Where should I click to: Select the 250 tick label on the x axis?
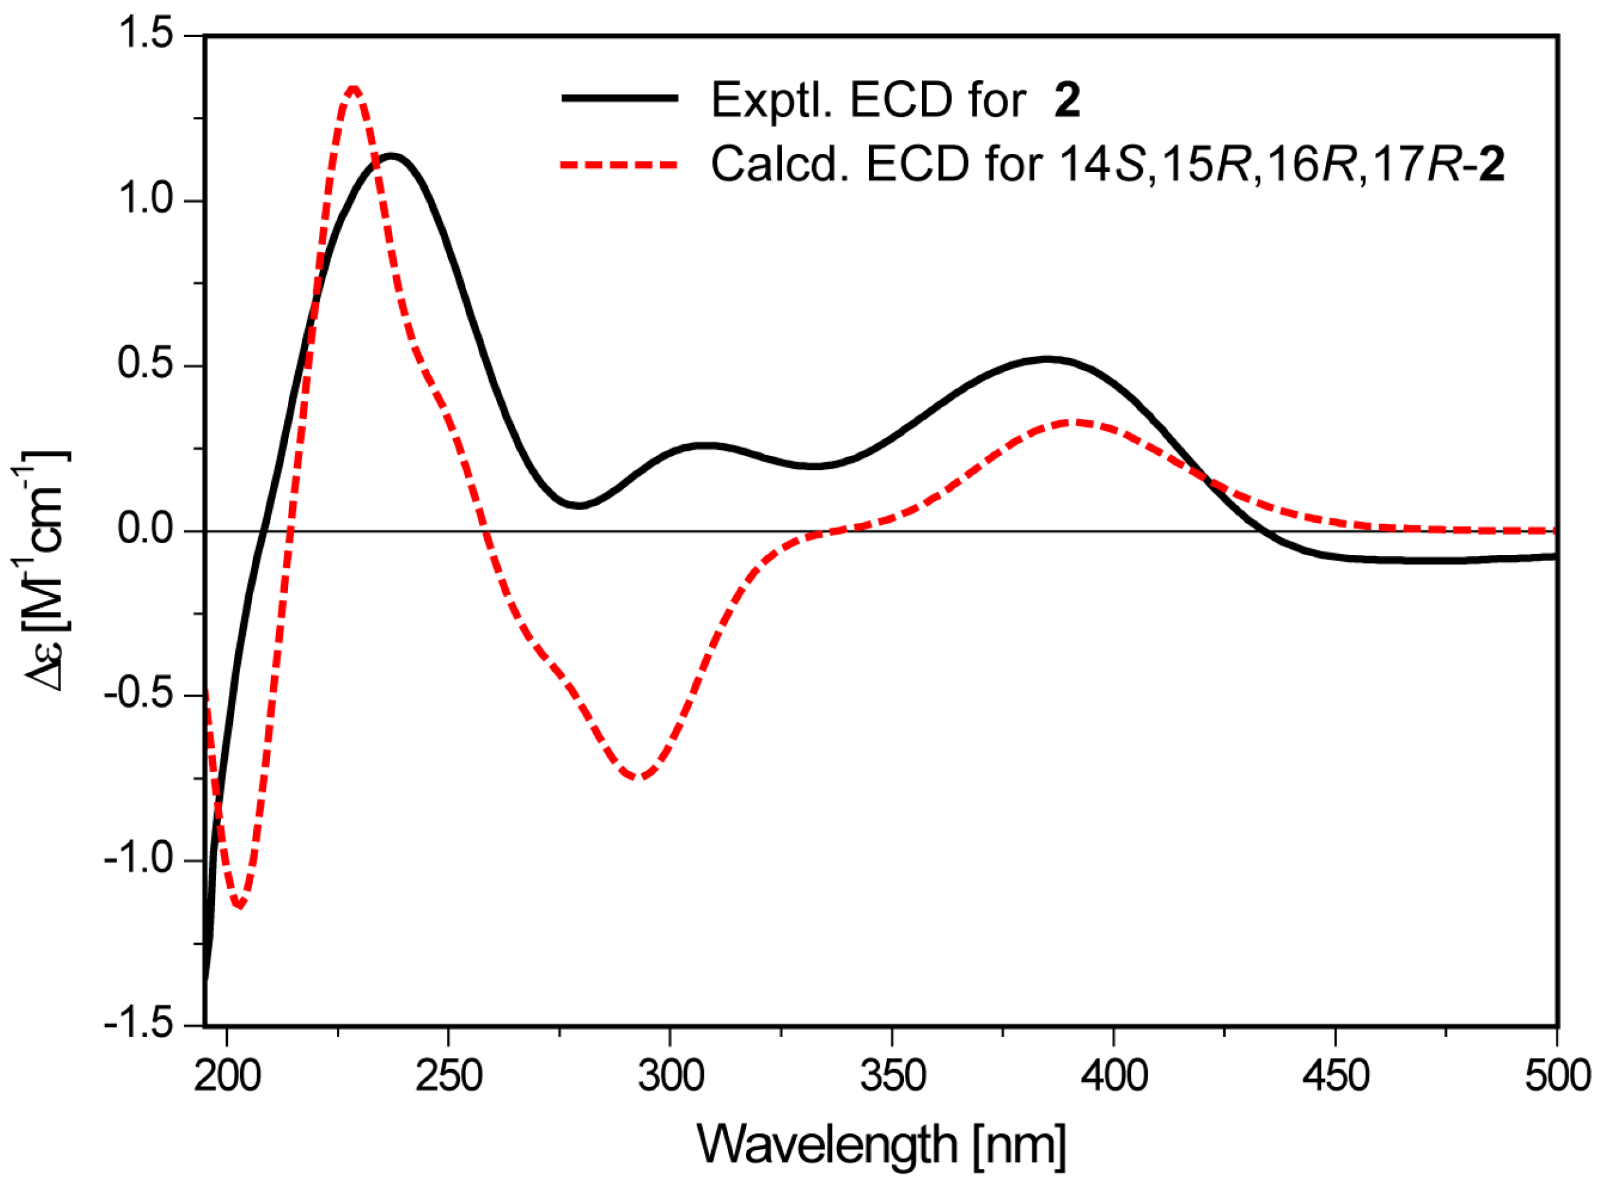(x=449, y=1076)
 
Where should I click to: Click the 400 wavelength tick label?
(x=1114, y=1076)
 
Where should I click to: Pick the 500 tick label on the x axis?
(x=1556, y=1076)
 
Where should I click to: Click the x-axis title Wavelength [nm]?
(x=882, y=1145)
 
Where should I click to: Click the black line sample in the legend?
(x=620, y=99)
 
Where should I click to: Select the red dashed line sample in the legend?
(x=620, y=165)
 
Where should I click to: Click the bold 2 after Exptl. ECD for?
(x=1067, y=100)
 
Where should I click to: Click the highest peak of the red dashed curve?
(x=353, y=88)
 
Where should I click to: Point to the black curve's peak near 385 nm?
(x=1047, y=358)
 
